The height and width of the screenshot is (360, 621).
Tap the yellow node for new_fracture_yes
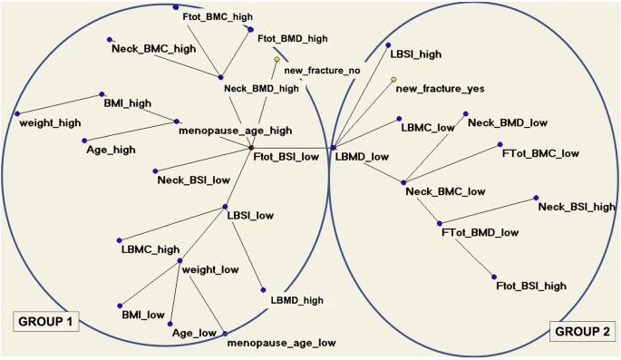tap(393, 80)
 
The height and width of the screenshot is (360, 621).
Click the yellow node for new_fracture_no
tap(277, 60)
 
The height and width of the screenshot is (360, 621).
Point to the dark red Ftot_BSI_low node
tap(251, 148)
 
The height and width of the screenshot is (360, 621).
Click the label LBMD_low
tap(362, 156)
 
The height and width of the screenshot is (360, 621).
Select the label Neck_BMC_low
tap(445, 191)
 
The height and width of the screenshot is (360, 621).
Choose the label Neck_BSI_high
tap(577, 207)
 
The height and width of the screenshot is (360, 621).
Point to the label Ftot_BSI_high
tap(532, 286)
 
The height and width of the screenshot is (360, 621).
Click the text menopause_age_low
tap(282, 343)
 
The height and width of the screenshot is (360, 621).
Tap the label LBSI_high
tap(415, 54)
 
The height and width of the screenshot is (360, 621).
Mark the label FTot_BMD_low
tap(480, 232)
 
